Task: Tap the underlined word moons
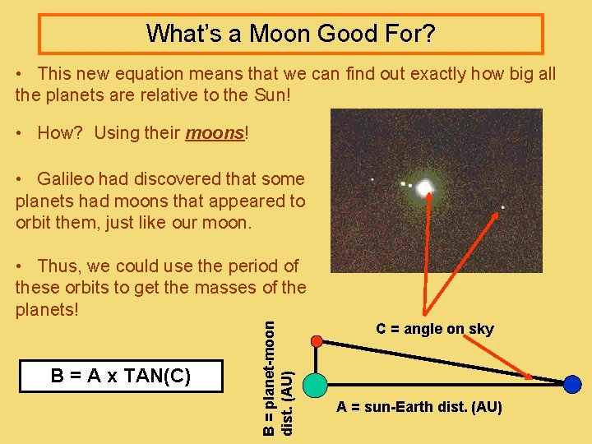coord(215,133)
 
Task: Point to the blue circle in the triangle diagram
coord(572,383)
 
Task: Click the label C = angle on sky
coord(435,329)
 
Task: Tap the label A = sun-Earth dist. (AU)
coord(420,407)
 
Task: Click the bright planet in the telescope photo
coord(424,188)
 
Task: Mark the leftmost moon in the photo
coord(372,179)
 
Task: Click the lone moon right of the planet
coord(502,207)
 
